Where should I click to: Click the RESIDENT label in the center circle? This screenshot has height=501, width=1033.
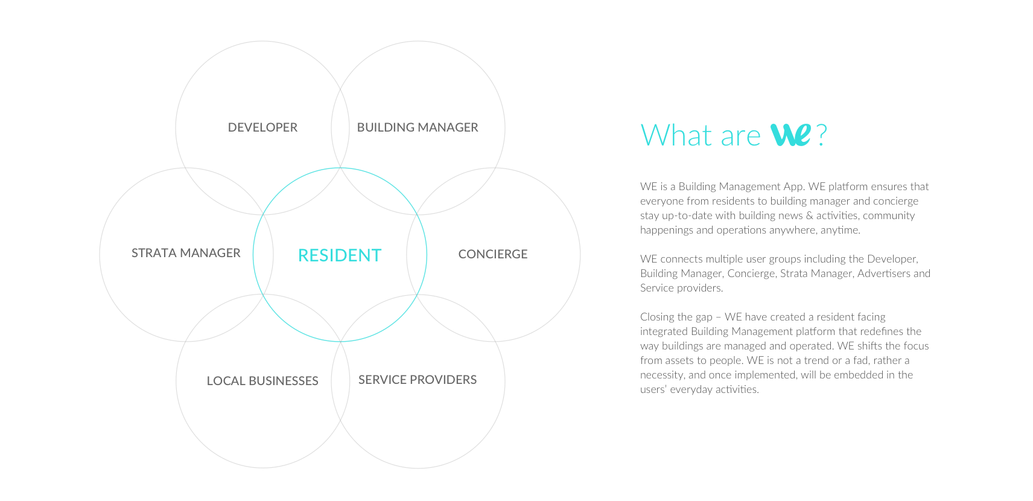[340, 255]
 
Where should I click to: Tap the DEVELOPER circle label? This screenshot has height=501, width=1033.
[262, 127]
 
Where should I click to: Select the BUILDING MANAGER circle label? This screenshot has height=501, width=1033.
[418, 127]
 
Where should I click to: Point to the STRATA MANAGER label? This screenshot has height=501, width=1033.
[186, 253]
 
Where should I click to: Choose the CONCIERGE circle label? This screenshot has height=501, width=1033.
[492, 254]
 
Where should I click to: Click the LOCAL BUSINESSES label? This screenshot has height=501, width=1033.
[262, 381]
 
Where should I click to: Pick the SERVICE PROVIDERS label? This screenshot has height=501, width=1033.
[418, 380]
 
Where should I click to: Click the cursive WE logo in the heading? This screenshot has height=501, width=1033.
[790, 135]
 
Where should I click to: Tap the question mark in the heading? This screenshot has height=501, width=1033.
[821, 135]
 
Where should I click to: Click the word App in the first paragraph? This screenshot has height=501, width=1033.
[793, 187]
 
